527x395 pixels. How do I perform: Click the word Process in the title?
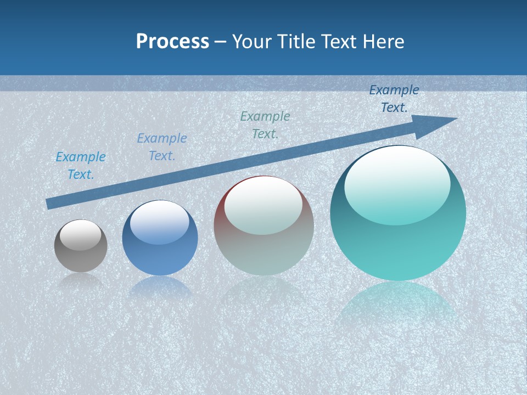(x=172, y=42)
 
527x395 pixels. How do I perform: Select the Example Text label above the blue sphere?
(x=161, y=147)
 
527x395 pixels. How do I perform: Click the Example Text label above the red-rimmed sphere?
(x=265, y=125)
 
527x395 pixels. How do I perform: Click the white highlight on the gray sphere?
(x=80, y=235)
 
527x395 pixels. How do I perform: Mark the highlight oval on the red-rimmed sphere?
(x=263, y=205)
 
